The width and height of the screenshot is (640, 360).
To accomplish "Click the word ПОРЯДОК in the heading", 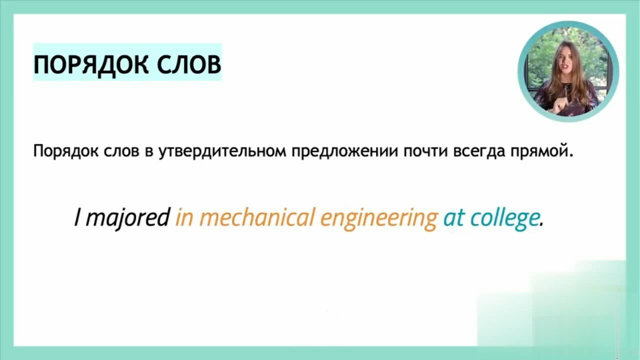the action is (91, 65).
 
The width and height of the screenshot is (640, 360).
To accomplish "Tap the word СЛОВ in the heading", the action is (189, 64).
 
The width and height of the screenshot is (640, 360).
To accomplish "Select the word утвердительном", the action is (222, 151).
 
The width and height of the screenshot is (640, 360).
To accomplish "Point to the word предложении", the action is (345, 151).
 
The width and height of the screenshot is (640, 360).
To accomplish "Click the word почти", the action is (425, 151).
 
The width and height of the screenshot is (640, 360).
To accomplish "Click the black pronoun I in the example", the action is (77, 217).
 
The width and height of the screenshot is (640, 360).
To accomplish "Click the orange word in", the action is (184, 217).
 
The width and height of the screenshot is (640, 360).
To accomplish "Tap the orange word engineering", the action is (379, 218).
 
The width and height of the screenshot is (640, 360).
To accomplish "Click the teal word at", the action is (453, 217).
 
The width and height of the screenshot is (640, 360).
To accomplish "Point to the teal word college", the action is (504, 218).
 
